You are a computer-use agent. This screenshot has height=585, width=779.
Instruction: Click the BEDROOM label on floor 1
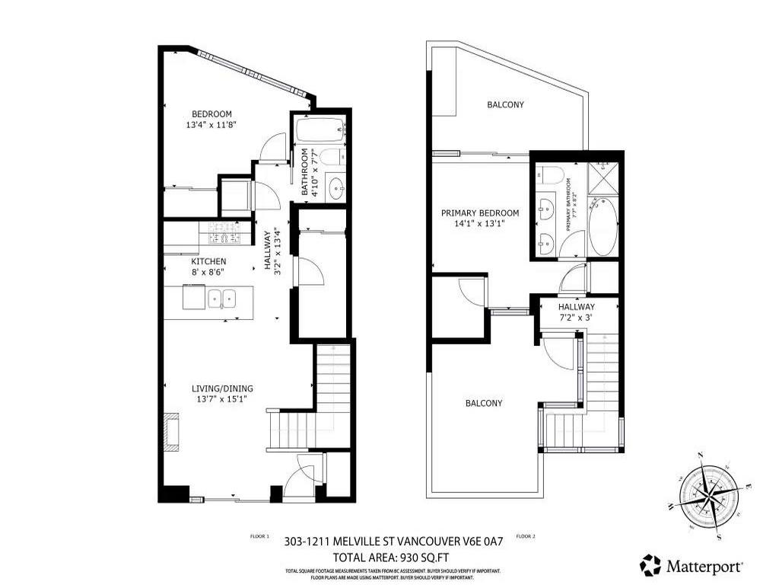[211, 114]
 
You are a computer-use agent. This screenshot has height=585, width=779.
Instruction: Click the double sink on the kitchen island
[221, 298]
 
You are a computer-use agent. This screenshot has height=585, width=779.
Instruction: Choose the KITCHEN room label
[208, 261]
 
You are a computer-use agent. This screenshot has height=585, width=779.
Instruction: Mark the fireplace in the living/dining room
[172, 433]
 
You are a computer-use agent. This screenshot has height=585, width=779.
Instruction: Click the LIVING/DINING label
[222, 388]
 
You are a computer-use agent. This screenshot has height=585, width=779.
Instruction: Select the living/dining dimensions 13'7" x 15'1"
[222, 399]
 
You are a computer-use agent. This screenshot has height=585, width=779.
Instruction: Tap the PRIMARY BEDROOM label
[480, 213]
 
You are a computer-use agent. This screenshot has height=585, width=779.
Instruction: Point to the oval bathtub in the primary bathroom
[603, 227]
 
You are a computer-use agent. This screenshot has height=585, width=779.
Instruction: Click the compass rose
[707, 495]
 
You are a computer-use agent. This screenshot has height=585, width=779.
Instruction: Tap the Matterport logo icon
[650, 565]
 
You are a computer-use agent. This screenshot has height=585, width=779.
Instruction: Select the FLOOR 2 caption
[526, 536]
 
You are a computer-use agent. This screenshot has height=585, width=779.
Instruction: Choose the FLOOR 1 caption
[259, 536]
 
